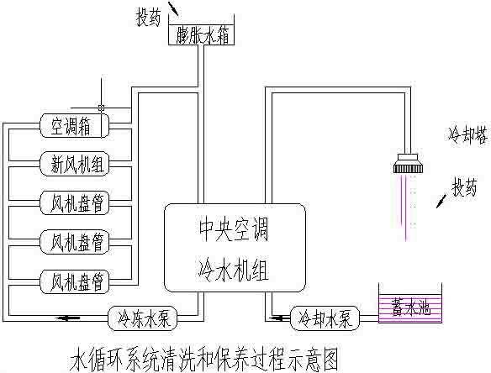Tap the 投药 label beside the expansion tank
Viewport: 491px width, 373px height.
150,16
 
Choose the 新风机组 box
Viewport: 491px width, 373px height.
76,162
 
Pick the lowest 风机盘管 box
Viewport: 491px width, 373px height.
76,278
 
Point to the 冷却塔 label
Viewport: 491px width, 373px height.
465,133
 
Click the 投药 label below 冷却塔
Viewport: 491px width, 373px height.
467,185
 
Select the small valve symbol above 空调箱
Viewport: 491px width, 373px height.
102,108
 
